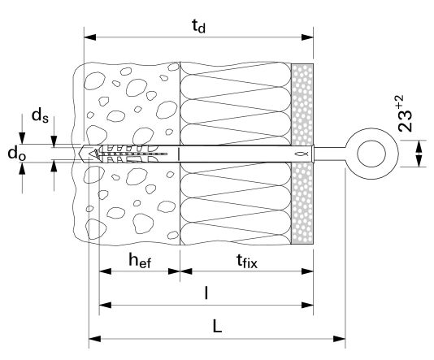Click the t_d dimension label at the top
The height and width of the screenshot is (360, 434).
199,27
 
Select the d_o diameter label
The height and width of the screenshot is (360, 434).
16,153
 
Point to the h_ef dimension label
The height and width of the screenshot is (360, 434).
140,260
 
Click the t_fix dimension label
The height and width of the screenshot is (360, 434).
247,261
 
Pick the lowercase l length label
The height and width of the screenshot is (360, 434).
206,293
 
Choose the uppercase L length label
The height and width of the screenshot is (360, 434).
217,326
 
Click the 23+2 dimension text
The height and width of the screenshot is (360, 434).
405,113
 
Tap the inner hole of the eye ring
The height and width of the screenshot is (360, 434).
371,154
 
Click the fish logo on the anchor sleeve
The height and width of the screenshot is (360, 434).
298,154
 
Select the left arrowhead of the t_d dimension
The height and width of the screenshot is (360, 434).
90,37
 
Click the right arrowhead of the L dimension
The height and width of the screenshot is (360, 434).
340,339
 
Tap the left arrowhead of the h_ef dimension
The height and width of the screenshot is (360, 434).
105,271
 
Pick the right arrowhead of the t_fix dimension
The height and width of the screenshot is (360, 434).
307,271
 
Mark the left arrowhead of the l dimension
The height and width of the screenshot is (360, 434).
105,306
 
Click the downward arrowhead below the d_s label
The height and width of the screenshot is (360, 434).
54,141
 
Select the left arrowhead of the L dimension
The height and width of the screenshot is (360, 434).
94,339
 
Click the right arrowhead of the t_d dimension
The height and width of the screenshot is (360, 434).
307,37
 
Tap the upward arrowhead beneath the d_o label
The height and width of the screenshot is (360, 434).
22,168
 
